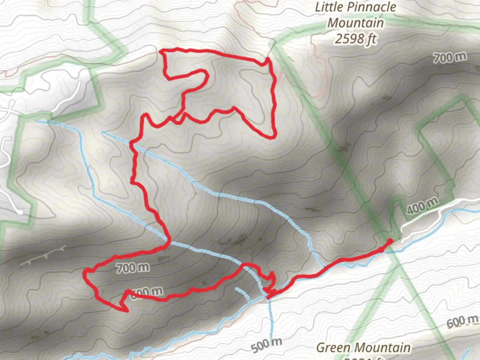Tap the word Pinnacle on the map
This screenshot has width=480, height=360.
click(x=373, y=7)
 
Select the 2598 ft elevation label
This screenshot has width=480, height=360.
click(x=355, y=39)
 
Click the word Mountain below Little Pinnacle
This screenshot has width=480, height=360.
click(x=355, y=23)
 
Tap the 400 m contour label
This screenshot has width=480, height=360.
click(x=422, y=205)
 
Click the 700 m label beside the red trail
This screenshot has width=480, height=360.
click(x=133, y=267)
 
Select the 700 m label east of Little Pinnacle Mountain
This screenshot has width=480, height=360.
click(x=450, y=58)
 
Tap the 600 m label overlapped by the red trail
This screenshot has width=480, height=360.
click(x=147, y=293)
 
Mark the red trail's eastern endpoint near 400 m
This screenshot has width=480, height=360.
click(x=390, y=241)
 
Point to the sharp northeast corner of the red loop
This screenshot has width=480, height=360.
click(x=267, y=59)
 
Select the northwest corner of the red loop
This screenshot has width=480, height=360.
click(x=162, y=51)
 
